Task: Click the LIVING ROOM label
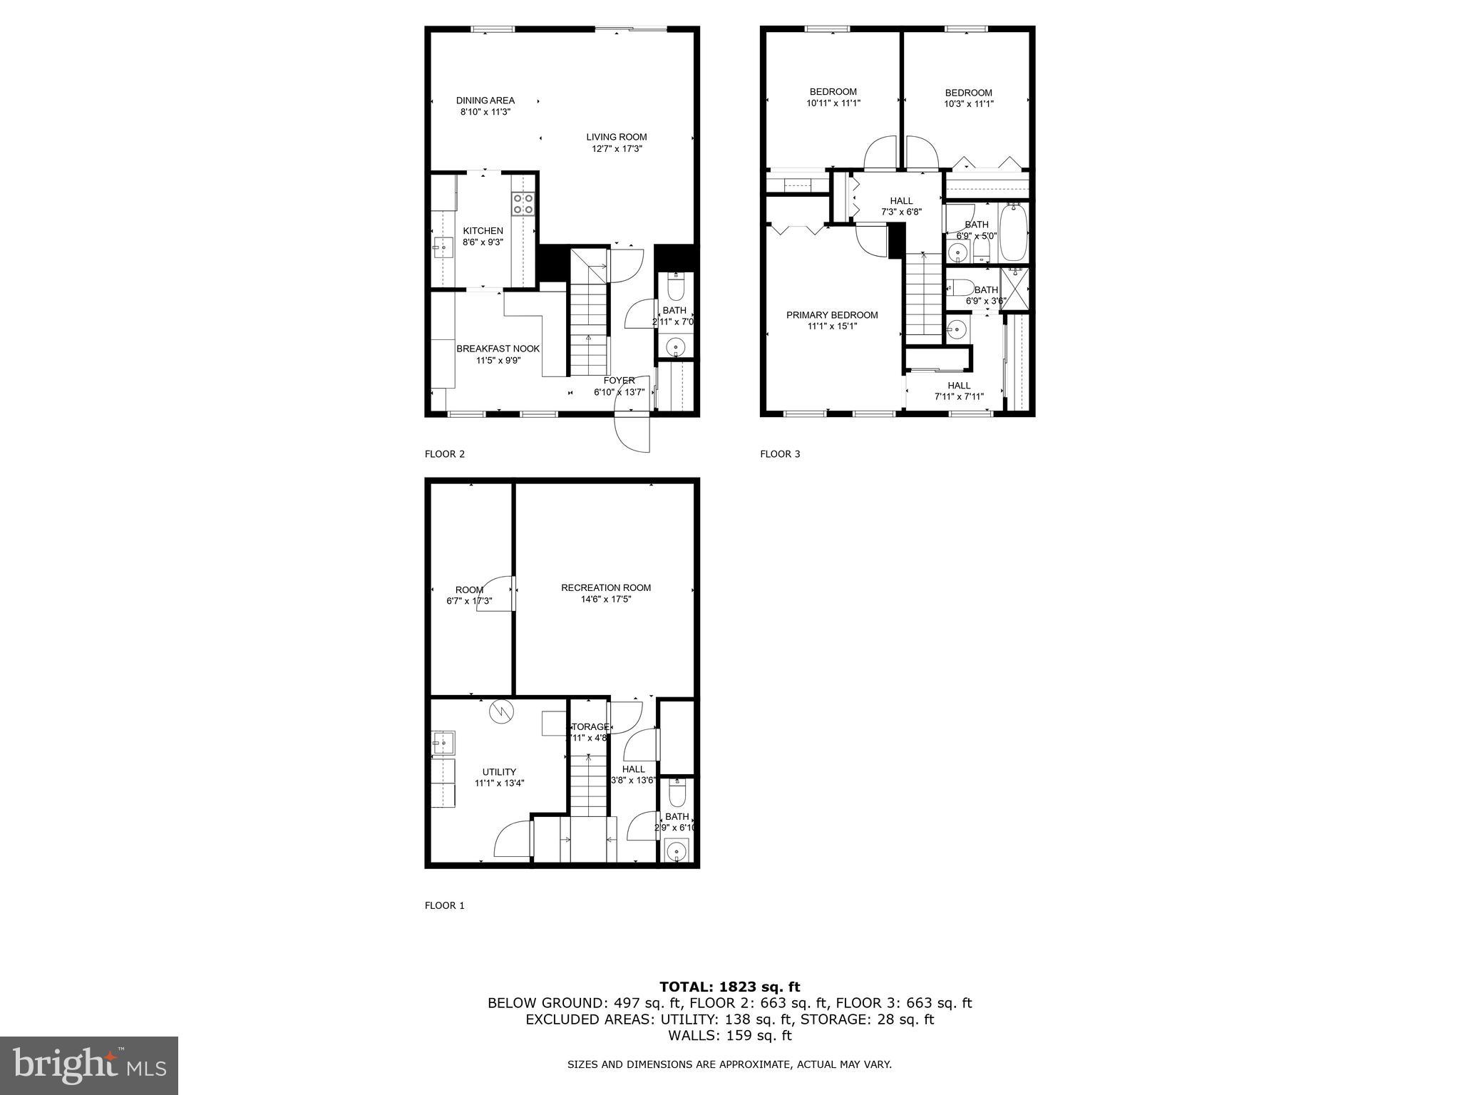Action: pyautogui.click(x=617, y=138)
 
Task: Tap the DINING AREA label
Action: pyautogui.click(x=485, y=101)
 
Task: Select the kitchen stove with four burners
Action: pyautogui.click(x=523, y=204)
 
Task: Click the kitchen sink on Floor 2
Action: pyautogui.click(x=442, y=247)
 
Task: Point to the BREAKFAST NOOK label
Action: pyautogui.click(x=498, y=349)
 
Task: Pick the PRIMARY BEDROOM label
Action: pyautogui.click(x=832, y=315)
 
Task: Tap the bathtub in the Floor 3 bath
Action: pyautogui.click(x=1013, y=232)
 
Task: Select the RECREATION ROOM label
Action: pyautogui.click(x=606, y=588)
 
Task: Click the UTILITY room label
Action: pyautogui.click(x=499, y=772)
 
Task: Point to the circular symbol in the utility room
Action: pyautogui.click(x=501, y=711)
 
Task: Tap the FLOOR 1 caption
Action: pyautogui.click(x=444, y=905)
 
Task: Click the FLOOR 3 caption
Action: pyautogui.click(x=780, y=454)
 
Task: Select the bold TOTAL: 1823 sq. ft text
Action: pyautogui.click(x=729, y=987)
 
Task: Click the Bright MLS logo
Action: pyautogui.click(x=89, y=1066)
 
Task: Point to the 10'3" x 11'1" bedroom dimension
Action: pyautogui.click(x=969, y=104)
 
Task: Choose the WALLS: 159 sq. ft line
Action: pyautogui.click(x=729, y=1036)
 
